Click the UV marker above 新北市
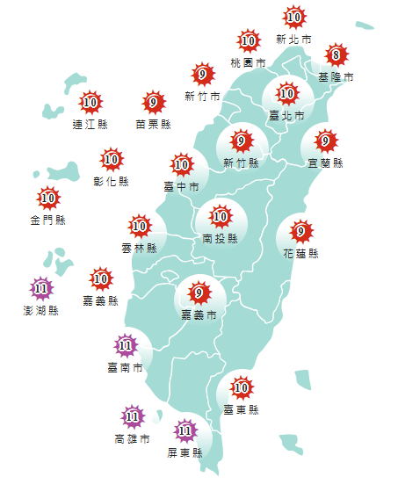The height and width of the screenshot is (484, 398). click(x=294, y=17)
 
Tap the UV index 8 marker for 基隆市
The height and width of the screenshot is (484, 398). click(x=334, y=56)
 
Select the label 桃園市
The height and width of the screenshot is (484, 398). click(x=248, y=63)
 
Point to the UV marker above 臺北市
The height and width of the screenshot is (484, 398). click(x=287, y=93)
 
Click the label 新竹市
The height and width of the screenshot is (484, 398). click(x=202, y=97)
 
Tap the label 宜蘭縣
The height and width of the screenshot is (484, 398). click(x=326, y=163)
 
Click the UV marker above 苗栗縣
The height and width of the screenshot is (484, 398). click(x=154, y=103)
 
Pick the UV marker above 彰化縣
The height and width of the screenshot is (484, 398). click(x=112, y=159)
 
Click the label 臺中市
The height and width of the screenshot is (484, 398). click(x=182, y=186)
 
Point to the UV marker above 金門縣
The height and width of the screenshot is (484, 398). click(x=48, y=198)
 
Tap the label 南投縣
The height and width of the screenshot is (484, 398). click(x=220, y=238)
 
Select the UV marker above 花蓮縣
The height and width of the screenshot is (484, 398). click(x=301, y=232)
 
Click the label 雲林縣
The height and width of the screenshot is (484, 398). click(x=139, y=249)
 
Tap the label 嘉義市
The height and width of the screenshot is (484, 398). click(x=199, y=314)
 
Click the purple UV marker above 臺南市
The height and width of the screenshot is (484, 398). click(x=126, y=344)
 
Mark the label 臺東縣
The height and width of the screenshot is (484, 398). click(x=242, y=409)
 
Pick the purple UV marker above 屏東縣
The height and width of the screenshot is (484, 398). click(x=185, y=430)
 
